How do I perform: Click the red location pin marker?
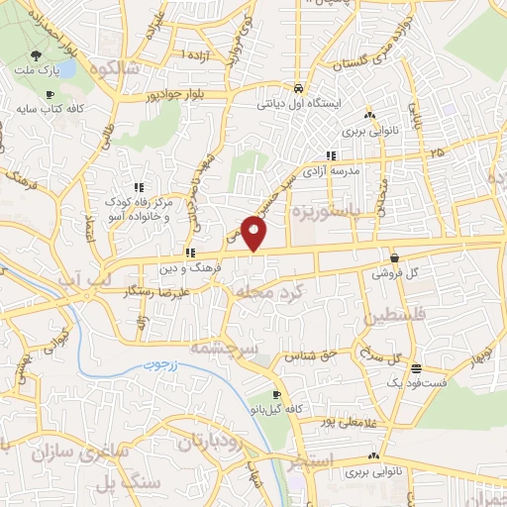point(255,235)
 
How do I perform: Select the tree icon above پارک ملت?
point(36,57)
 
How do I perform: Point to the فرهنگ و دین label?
point(189,266)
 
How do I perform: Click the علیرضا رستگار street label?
point(174,294)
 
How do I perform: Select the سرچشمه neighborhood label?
point(254,350)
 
